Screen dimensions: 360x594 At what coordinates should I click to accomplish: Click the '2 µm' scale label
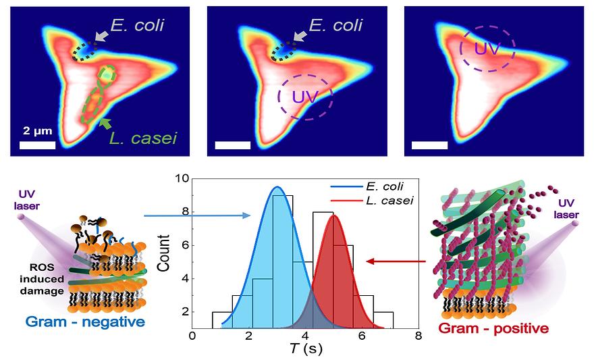tap(38, 130)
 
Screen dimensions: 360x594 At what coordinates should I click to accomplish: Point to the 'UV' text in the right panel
tap(487, 49)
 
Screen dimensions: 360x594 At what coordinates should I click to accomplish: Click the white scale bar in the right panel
tap(429, 145)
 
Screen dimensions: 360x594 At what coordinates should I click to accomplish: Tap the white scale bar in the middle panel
tap(233, 145)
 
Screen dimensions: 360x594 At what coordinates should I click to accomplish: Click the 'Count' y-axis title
tap(162, 254)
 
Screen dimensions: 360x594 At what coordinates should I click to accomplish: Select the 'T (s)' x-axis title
tap(304, 351)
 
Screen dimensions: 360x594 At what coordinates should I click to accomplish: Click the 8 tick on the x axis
tap(418, 336)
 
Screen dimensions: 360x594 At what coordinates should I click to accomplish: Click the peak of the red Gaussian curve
tap(335, 215)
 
